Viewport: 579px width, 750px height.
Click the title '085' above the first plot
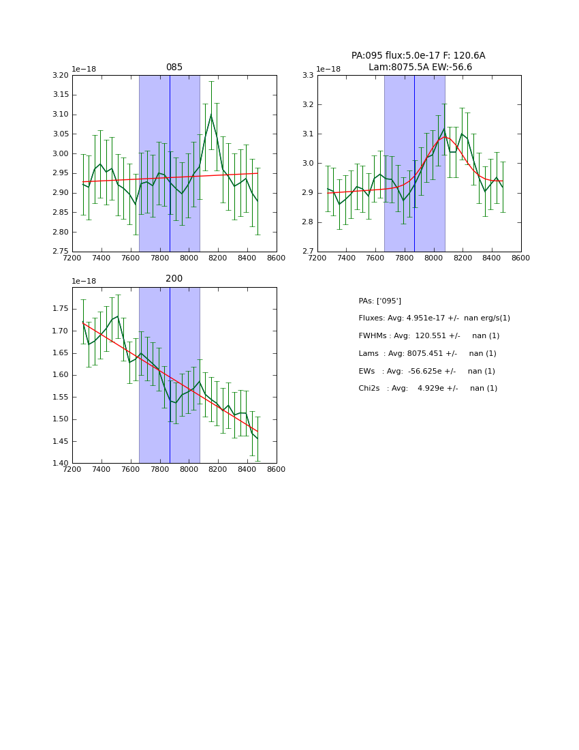[x=174, y=67]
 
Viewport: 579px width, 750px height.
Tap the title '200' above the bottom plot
[x=174, y=279]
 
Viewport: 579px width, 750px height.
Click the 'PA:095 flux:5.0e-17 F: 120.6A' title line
[x=418, y=56]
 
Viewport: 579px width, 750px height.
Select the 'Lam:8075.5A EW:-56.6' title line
[x=420, y=67]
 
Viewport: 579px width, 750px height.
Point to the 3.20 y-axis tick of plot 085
[x=61, y=76]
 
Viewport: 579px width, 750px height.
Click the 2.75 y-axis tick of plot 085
[x=61, y=252]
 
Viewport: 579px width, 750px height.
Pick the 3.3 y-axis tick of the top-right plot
[x=309, y=76]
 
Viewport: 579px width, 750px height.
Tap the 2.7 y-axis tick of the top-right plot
[x=309, y=252]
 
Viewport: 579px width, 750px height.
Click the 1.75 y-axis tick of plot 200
[x=61, y=309]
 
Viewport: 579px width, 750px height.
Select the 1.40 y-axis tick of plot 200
[x=61, y=464]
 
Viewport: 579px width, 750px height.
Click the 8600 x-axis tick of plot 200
[x=277, y=470]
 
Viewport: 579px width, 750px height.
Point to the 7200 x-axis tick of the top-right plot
[x=317, y=258]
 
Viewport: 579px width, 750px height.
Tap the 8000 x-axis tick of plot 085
[x=189, y=258]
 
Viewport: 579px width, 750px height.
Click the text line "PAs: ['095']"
[x=380, y=301]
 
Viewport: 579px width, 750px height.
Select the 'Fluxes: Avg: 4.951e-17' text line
[x=434, y=318]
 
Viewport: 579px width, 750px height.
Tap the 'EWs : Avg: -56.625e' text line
[x=427, y=372]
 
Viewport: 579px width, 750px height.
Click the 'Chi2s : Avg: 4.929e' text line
[x=428, y=389]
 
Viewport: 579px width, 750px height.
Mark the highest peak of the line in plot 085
[x=211, y=115]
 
